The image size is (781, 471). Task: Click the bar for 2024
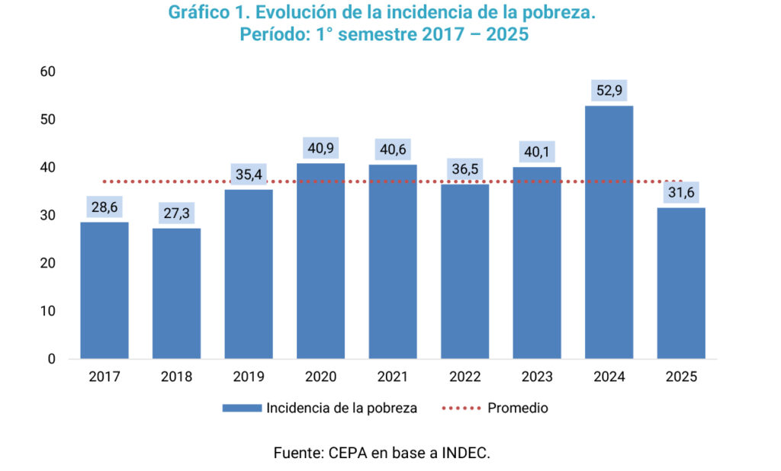pyautogui.click(x=609, y=232)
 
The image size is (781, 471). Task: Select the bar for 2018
pyautogui.click(x=176, y=293)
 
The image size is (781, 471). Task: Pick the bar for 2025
pyautogui.click(x=680, y=283)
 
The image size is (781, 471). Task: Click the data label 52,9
pyautogui.click(x=609, y=91)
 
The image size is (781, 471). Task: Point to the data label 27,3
pyautogui.click(x=176, y=213)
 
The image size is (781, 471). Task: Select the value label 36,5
pyautogui.click(x=464, y=169)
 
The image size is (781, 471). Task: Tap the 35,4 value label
pyautogui.click(x=249, y=175)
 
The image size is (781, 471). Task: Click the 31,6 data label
pyautogui.click(x=680, y=193)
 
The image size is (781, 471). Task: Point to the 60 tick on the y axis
pyautogui.click(x=48, y=72)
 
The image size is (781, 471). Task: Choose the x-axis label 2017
pyautogui.click(x=104, y=376)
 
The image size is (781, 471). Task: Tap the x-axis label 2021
pyautogui.click(x=392, y=376)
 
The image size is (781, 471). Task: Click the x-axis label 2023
pyautogui.click(x=536, y=376)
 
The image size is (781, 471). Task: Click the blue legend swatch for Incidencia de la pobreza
pyautogui.click(x=242, y=408)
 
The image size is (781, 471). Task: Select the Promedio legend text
pyautogui.click(x=518, y=408)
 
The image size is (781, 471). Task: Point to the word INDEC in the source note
pyautogui.click(x=465, y=453)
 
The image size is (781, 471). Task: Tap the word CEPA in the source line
pyautogui.click(x=348, y=453)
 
